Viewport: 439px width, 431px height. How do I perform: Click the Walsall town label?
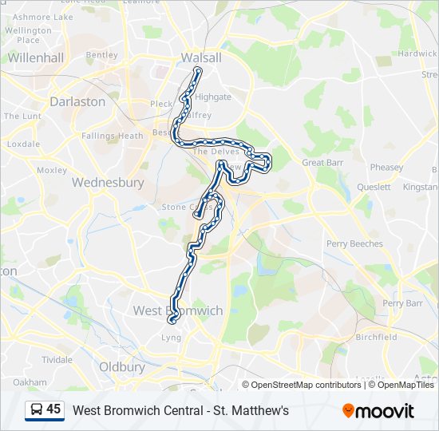[x=201, y=57]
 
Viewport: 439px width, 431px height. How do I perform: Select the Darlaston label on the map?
[x=77, y=101]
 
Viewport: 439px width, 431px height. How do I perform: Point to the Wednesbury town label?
[x=108, y=182]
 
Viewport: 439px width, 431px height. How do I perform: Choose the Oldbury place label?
[x=122, y=367]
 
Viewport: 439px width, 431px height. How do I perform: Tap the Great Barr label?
[x=322, y=163]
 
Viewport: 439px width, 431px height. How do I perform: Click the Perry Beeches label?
[x=354, y=243]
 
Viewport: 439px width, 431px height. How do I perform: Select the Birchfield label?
[x=376, y=337]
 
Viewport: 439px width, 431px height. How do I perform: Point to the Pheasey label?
[x=386, y=168]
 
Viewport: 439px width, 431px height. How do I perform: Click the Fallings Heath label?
[x=113, y=136]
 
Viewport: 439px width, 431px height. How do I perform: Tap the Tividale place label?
[x=57, y=359]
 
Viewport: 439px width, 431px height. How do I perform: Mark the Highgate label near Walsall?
[x=213, y=97]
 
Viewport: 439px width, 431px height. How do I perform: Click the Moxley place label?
[x=52, y=170]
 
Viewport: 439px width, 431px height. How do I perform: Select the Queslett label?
[x=374, y=188]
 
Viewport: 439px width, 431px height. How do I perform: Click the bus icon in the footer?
[x=36, y=410]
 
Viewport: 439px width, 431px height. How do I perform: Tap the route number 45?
[x=53, y=409]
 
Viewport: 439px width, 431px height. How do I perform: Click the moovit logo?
[x=378, y=411]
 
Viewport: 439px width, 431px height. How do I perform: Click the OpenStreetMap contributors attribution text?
[x=307, y=385]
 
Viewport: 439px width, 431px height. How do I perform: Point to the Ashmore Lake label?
[x=43, y=16]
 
